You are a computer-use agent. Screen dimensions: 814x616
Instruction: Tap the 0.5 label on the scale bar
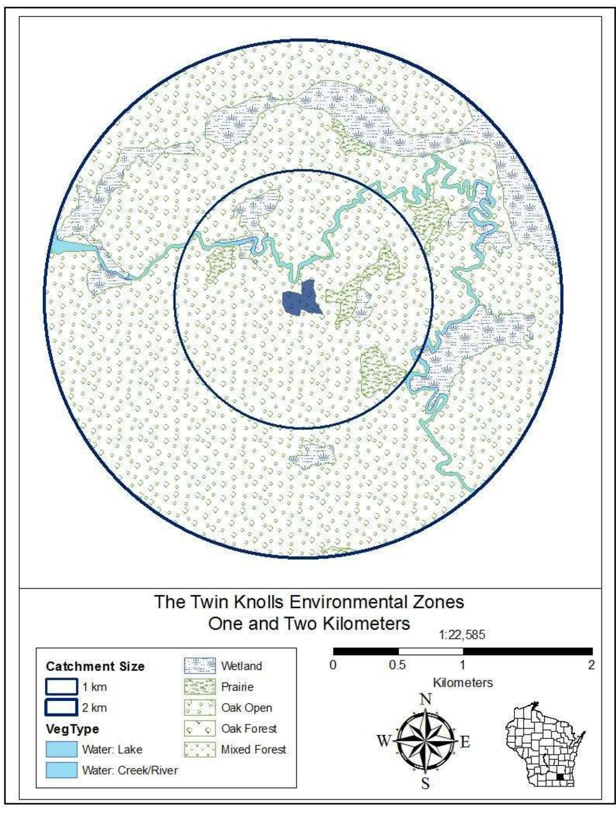(x=397, y=665)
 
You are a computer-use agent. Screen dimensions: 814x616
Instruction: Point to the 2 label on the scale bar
(x=591, y=665)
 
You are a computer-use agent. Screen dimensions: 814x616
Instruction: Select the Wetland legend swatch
(x=200, y=666)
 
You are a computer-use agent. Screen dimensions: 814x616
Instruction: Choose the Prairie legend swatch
(x=200, y=687)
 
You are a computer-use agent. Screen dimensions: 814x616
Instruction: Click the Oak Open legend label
(x=246, y=708)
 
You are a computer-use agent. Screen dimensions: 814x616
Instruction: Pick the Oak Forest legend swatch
(x=200, y=728)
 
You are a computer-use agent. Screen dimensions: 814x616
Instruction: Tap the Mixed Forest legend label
(x=253, y=749)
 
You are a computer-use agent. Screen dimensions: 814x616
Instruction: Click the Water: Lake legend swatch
(x=61, y=749)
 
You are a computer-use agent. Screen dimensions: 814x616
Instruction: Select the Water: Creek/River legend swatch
(x=61, y=770)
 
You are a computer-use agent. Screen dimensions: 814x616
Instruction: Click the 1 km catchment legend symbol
(x=61, y=686)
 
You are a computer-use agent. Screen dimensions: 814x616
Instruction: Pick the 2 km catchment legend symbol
(x=61, y=707)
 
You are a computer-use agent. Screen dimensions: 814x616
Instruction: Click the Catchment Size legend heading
(x=95, y=666)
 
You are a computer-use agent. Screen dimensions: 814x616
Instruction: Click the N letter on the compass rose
(x=426, y=699)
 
